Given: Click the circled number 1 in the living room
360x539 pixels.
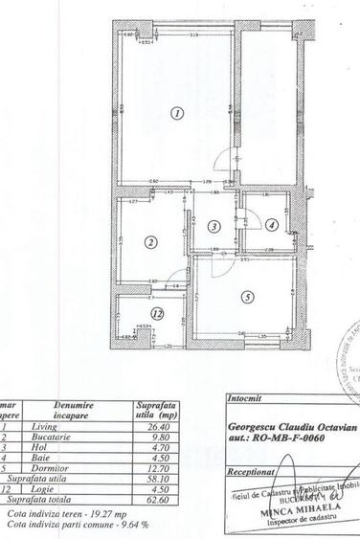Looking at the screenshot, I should click(176, 113).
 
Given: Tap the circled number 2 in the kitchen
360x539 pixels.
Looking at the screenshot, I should click(150, 243).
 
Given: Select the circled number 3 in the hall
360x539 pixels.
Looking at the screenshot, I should click(214, 226).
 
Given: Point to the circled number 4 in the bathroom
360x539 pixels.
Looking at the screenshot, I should click(272, 226).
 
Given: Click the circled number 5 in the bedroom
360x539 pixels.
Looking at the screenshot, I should click(247, 297).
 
